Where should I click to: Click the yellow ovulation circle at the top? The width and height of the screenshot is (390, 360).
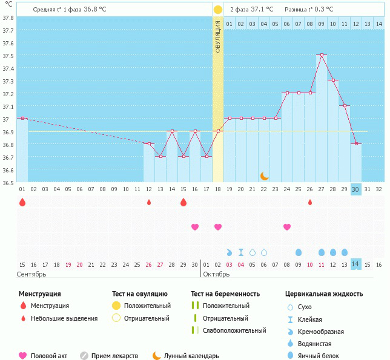[x=217, y=10]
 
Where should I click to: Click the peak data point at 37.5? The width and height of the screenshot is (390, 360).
[x=322, y=55]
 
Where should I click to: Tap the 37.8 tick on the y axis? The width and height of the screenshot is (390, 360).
[x=8, y=18]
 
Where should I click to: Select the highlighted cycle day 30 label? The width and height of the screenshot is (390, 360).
[x=356, y=189]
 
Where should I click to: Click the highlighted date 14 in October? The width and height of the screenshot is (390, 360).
[x=356, y=264]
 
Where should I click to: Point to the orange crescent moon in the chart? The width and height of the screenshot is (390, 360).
[x=264, y=175]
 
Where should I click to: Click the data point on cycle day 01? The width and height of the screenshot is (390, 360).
[x=22, y=118]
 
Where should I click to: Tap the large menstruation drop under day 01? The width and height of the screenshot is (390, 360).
[x=22, y=202]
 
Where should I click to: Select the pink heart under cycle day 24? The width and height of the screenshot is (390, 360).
[x=287, y=227]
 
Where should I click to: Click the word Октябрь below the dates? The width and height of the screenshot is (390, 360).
[x=217, y=274]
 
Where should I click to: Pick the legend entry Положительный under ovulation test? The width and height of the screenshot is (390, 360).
[x=147, y=306]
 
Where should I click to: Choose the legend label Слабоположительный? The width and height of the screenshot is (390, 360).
[x=234, y=330]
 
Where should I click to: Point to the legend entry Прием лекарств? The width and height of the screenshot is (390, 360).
[x=114, y=356]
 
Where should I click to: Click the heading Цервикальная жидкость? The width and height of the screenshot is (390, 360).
[x=324, y=293]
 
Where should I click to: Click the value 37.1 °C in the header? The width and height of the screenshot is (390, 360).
[x=262, y=9]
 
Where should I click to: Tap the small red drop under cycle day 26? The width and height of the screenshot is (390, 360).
[x=310, y=202]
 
